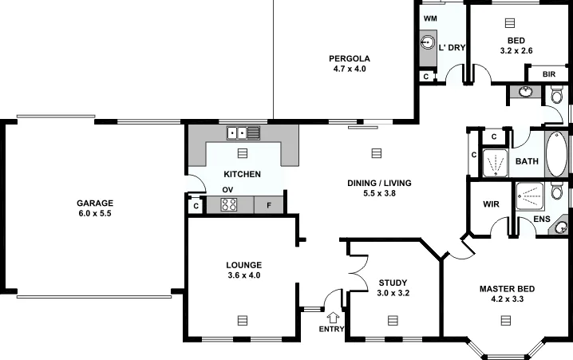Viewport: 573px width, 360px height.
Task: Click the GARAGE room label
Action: pyautogui.click(x=95, y=203)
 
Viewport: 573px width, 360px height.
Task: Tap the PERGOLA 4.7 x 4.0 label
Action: pyautogui.click(x=350, y=57)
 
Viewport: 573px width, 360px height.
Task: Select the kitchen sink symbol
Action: pyautogui.click(x=243, y=133)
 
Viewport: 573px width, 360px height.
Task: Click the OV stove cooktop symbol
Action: pyautogui.click(x=229, y=204)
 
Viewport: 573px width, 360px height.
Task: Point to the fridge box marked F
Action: pyautogui.click(x=269, y=205)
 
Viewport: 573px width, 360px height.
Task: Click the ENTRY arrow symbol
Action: pyautogui.click(x=333, y=318)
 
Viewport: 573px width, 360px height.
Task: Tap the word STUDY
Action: pyautogui.click(x=393, y=283)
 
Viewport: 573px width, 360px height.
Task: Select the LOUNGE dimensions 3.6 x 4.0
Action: pyautogui.click(x=244, y=275)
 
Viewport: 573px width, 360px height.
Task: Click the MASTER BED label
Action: pyautogui.click(x=507, y=289)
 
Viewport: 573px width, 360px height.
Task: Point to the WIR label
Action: pyautogui.click(x=491, y=204)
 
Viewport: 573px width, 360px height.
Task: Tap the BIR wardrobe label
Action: pyautogui.click(x=549, y=74)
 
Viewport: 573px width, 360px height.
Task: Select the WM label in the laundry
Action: pyautogui.click(x=430, y=18)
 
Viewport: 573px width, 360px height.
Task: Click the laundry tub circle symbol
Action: pyautogui.click(x=428, y=42)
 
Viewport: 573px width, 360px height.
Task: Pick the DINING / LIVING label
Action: pyautogui.click(x=379, y=184)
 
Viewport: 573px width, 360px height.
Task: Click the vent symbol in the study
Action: pyautogui.click(x=392, y=320)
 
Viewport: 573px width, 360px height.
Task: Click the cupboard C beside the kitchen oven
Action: pyautogui.click(x=196, y=205)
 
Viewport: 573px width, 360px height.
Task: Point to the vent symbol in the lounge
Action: pyautogui.click(x=243, y=320)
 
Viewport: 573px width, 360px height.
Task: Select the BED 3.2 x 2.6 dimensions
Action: pyautogui.click(x=516, y=51)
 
